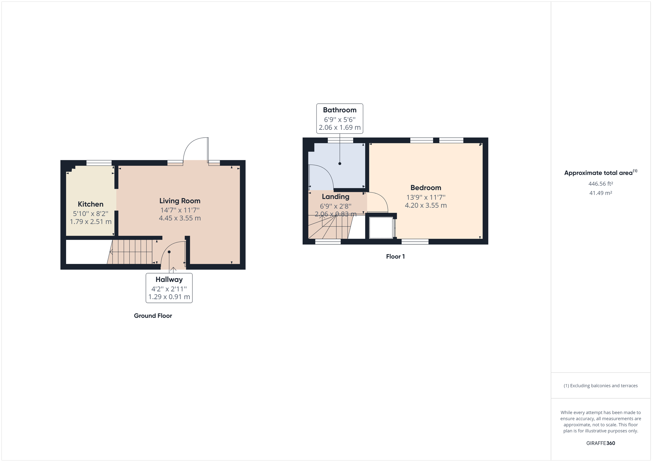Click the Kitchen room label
pos(90,204)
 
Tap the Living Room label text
pos(180,201)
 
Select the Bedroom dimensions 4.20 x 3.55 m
pos(426,205)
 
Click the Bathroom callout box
pos(340,119)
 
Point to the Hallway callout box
pos(169,288)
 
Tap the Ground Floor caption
pos(153,316)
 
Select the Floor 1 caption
pos(395,257)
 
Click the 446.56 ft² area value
pos(600,184)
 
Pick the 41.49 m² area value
pos(600,193)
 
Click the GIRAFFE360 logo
pos(600,443)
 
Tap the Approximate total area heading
pos(598,173)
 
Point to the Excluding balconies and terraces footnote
pos(600,386)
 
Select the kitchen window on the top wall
pos(99,163)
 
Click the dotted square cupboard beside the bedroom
pos(381,228)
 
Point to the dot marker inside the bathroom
pos(340,164)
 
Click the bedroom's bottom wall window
pos(415,242)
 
